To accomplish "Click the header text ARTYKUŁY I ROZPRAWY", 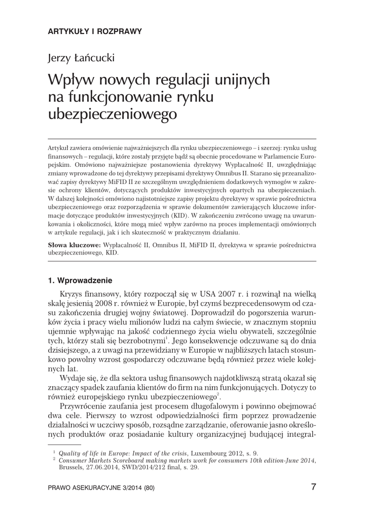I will coord(95,31).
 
